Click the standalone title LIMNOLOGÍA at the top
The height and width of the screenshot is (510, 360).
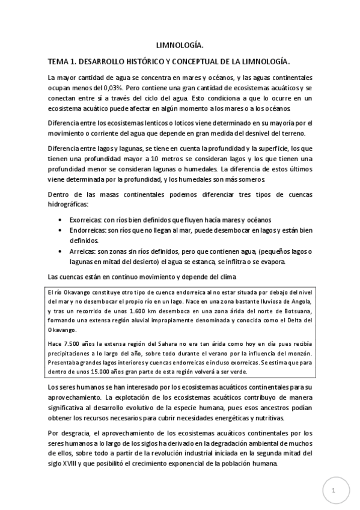coord(180,45)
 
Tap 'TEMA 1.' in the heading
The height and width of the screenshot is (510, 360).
coord(64,61)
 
